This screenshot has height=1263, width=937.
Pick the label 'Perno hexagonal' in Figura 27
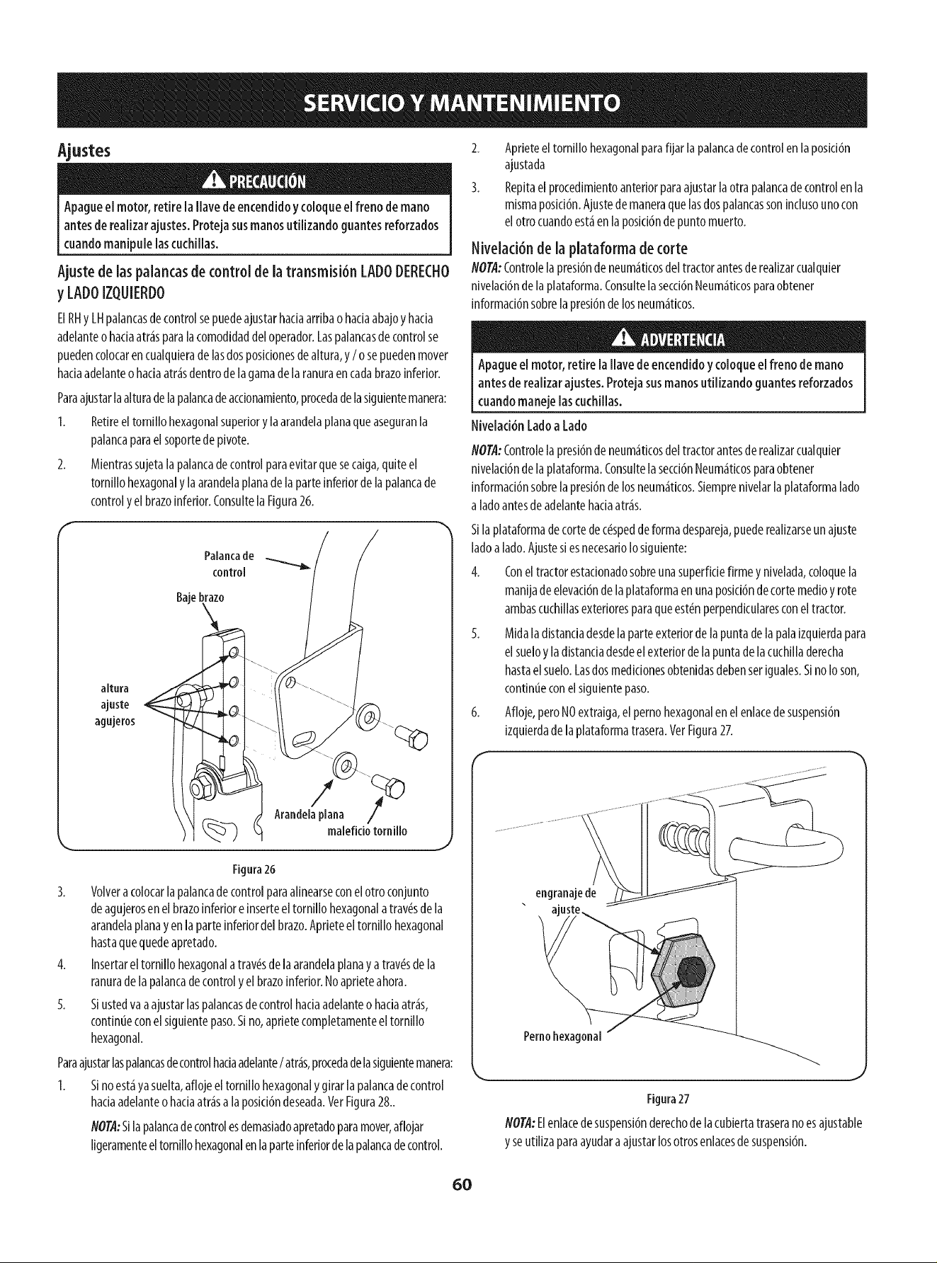(562, 1037)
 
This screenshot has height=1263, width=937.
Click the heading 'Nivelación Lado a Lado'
(529, 426)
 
